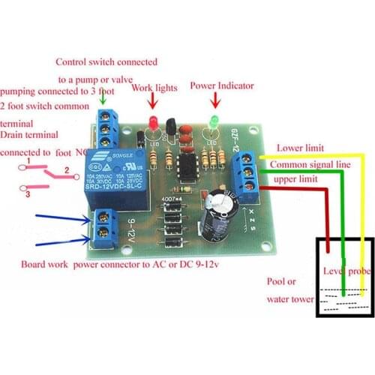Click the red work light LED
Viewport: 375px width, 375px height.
coord(151,122)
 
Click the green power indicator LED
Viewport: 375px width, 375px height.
coord(213,120)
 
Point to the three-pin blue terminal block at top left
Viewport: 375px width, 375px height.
coord(109,128)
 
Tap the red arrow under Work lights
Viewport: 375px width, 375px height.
coord(153,101)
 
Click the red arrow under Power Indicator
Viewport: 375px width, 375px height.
coord(214,100)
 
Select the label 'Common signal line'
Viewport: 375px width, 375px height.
coord(310,163)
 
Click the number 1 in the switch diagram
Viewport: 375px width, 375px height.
coord(28,161)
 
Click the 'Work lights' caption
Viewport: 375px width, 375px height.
coord(154,88)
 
